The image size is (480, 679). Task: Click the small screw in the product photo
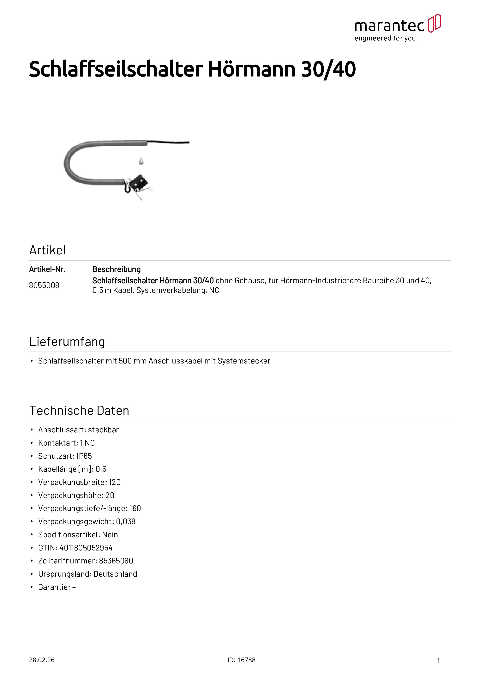click(141, 161)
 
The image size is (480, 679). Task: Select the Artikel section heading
click(47, 250)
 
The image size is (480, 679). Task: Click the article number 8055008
click(44, 285)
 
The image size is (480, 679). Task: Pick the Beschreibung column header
click(117, 269)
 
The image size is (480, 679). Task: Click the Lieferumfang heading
click(67, 342)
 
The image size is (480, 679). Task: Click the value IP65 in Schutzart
click(84, 456)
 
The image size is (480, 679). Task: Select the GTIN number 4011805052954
click(86, 548)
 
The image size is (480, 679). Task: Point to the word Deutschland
click(115, 574)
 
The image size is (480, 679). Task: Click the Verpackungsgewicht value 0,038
click(126, 521)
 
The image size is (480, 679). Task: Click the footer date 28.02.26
click(42, 660)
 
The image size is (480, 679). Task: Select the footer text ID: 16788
click(241, 660)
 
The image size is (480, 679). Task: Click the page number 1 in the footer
click(438, 660)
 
